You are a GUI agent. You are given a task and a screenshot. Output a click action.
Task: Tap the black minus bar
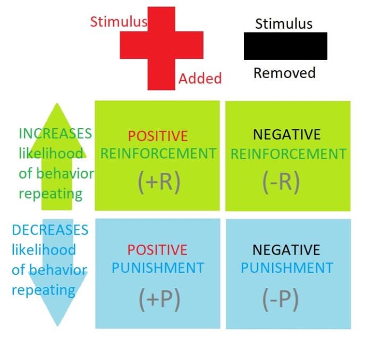click(285, 46)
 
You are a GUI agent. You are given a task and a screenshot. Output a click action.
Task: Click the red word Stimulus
click(119, 22)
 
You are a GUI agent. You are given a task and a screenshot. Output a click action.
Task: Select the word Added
click(200, 79)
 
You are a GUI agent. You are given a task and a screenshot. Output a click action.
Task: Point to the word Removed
click(284, 73)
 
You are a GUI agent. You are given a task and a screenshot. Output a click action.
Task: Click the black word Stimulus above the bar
click(284, 24)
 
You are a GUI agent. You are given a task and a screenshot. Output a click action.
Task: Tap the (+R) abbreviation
click(157, 181)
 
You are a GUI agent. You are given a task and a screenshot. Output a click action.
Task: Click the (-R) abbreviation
click(281, 181)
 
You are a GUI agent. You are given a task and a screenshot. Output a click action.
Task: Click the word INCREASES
click(55, 133)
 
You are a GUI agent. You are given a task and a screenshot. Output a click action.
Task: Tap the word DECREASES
click(50, 230)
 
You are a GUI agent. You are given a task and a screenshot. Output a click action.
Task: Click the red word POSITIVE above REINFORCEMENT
click(158, 136)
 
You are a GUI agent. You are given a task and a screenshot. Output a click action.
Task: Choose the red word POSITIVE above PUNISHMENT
click(157, 250)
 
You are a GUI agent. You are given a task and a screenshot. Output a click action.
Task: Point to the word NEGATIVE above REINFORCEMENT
click(287, 135)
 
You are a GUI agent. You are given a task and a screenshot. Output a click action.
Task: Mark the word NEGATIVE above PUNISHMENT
click(286, 250)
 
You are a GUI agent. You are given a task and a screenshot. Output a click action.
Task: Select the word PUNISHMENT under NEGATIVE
click(287, 268)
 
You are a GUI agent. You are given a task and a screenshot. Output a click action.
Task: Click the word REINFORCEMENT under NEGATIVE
click(289, 154)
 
